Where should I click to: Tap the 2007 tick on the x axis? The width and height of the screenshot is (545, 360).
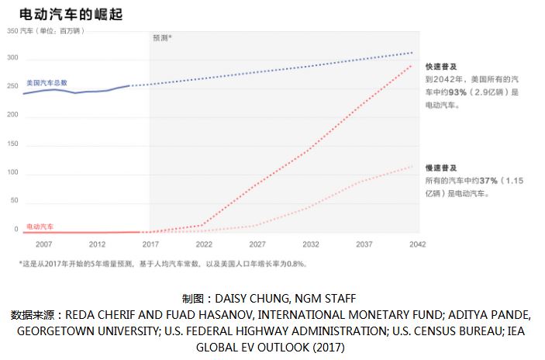tap(44, 244)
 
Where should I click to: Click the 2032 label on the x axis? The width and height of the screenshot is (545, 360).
tap(311, 244)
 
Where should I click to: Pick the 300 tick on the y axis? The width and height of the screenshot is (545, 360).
tap(12, 58)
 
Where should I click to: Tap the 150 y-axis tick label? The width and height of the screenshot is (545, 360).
tap(12, 144)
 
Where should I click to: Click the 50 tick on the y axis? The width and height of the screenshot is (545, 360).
tap(14, 201)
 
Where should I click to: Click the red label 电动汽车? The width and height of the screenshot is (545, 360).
tap(40, 226)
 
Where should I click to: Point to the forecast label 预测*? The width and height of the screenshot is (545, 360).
tap(161, 37)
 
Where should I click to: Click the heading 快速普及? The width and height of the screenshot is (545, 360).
tap(438, 67)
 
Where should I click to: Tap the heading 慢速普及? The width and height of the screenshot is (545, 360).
tap(438, 168)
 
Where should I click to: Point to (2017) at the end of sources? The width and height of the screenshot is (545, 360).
tap(329, 346)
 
